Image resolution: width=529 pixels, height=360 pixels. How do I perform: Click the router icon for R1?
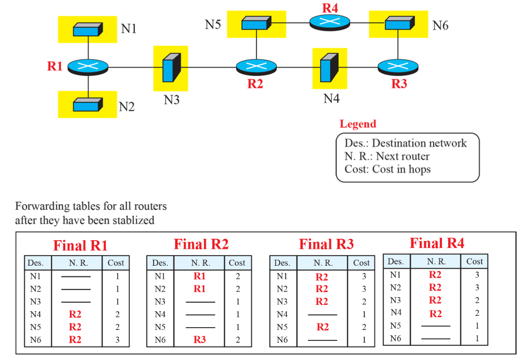pos(88,67)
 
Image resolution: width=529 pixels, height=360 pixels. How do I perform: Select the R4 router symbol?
pos(330,23)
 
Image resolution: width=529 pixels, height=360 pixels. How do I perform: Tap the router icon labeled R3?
pos(398,67)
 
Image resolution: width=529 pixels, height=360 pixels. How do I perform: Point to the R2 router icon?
pos(256,67)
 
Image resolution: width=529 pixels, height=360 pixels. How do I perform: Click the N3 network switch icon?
pos(171,68)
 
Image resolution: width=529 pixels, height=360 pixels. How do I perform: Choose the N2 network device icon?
pos(88,105)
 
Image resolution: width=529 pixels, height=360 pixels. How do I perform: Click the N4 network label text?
pos(331,98)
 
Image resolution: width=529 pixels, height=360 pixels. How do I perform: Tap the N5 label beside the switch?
pos(213,24)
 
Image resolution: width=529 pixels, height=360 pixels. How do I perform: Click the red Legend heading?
pos(358,124)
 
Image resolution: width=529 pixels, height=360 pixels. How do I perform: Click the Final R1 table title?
pos(80,246)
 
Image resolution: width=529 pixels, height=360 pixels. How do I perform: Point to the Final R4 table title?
pos(437,243)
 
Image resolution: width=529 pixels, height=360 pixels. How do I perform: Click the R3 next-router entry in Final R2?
pos(200,339)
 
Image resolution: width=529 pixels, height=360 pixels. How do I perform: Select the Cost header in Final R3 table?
pos(361,262)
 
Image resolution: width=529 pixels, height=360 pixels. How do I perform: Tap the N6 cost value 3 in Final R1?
pos(117,340)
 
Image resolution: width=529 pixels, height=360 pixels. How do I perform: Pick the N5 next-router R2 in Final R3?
pos(322,327)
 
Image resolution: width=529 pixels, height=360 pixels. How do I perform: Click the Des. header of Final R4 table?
pos(396,261)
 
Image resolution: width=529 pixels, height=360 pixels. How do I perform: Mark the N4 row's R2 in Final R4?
pos(436,314)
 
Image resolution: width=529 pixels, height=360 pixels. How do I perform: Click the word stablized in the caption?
pos(134,220)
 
